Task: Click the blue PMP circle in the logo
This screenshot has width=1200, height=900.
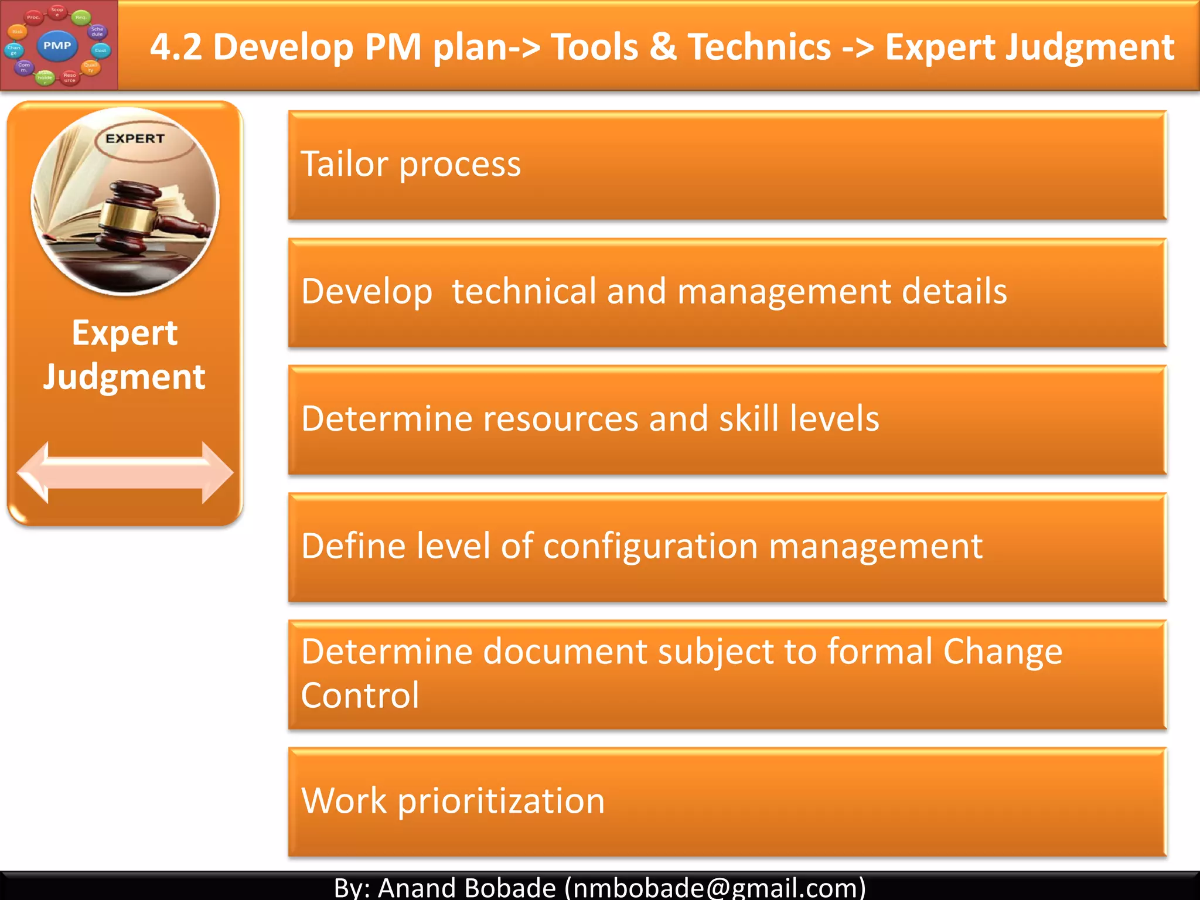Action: tap(57, 46)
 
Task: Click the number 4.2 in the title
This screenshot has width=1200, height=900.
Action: tap(176, 47)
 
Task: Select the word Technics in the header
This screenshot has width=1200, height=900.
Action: tap(759, 47)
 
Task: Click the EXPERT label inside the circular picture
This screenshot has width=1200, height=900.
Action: tap(135, 139)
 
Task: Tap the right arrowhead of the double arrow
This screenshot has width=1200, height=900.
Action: tap(217, 472)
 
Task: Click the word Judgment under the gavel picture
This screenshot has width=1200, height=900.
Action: tap(124, 377)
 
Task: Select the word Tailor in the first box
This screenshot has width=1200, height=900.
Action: tap(344, 164)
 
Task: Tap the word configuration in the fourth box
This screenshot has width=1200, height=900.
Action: tap(650, 546)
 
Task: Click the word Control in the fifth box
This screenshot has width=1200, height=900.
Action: tap(360, 696)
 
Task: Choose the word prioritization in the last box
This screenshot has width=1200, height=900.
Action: tap(501, 801)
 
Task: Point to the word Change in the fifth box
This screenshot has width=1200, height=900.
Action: tap(1003, 652)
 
